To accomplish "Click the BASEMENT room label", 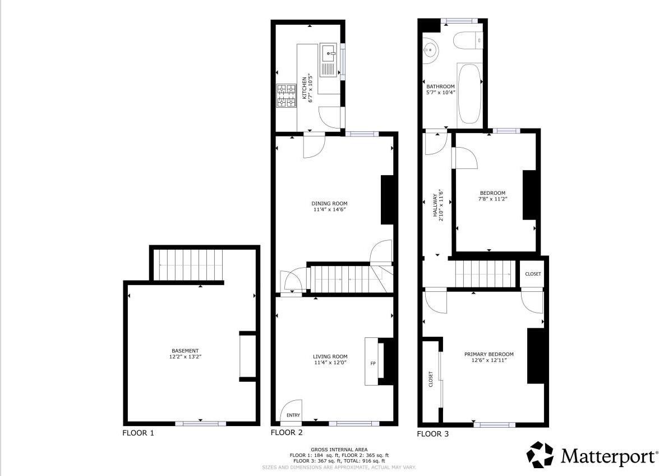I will click(185, 351).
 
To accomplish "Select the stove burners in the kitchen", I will click(287, 95).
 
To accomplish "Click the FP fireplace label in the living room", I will click(372, 363).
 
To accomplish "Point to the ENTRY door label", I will click(293, 415).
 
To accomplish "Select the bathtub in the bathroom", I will click(469, 93).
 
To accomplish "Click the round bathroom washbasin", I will click(431, 49).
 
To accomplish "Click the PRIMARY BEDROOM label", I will click(489, 354).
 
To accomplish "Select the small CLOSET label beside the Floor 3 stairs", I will click(533, 274).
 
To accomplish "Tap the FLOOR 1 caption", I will click(138, 433).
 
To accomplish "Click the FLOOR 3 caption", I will click(432, 433).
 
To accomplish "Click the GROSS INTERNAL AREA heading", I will click(339, 450).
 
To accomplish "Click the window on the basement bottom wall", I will click(200, 423).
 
